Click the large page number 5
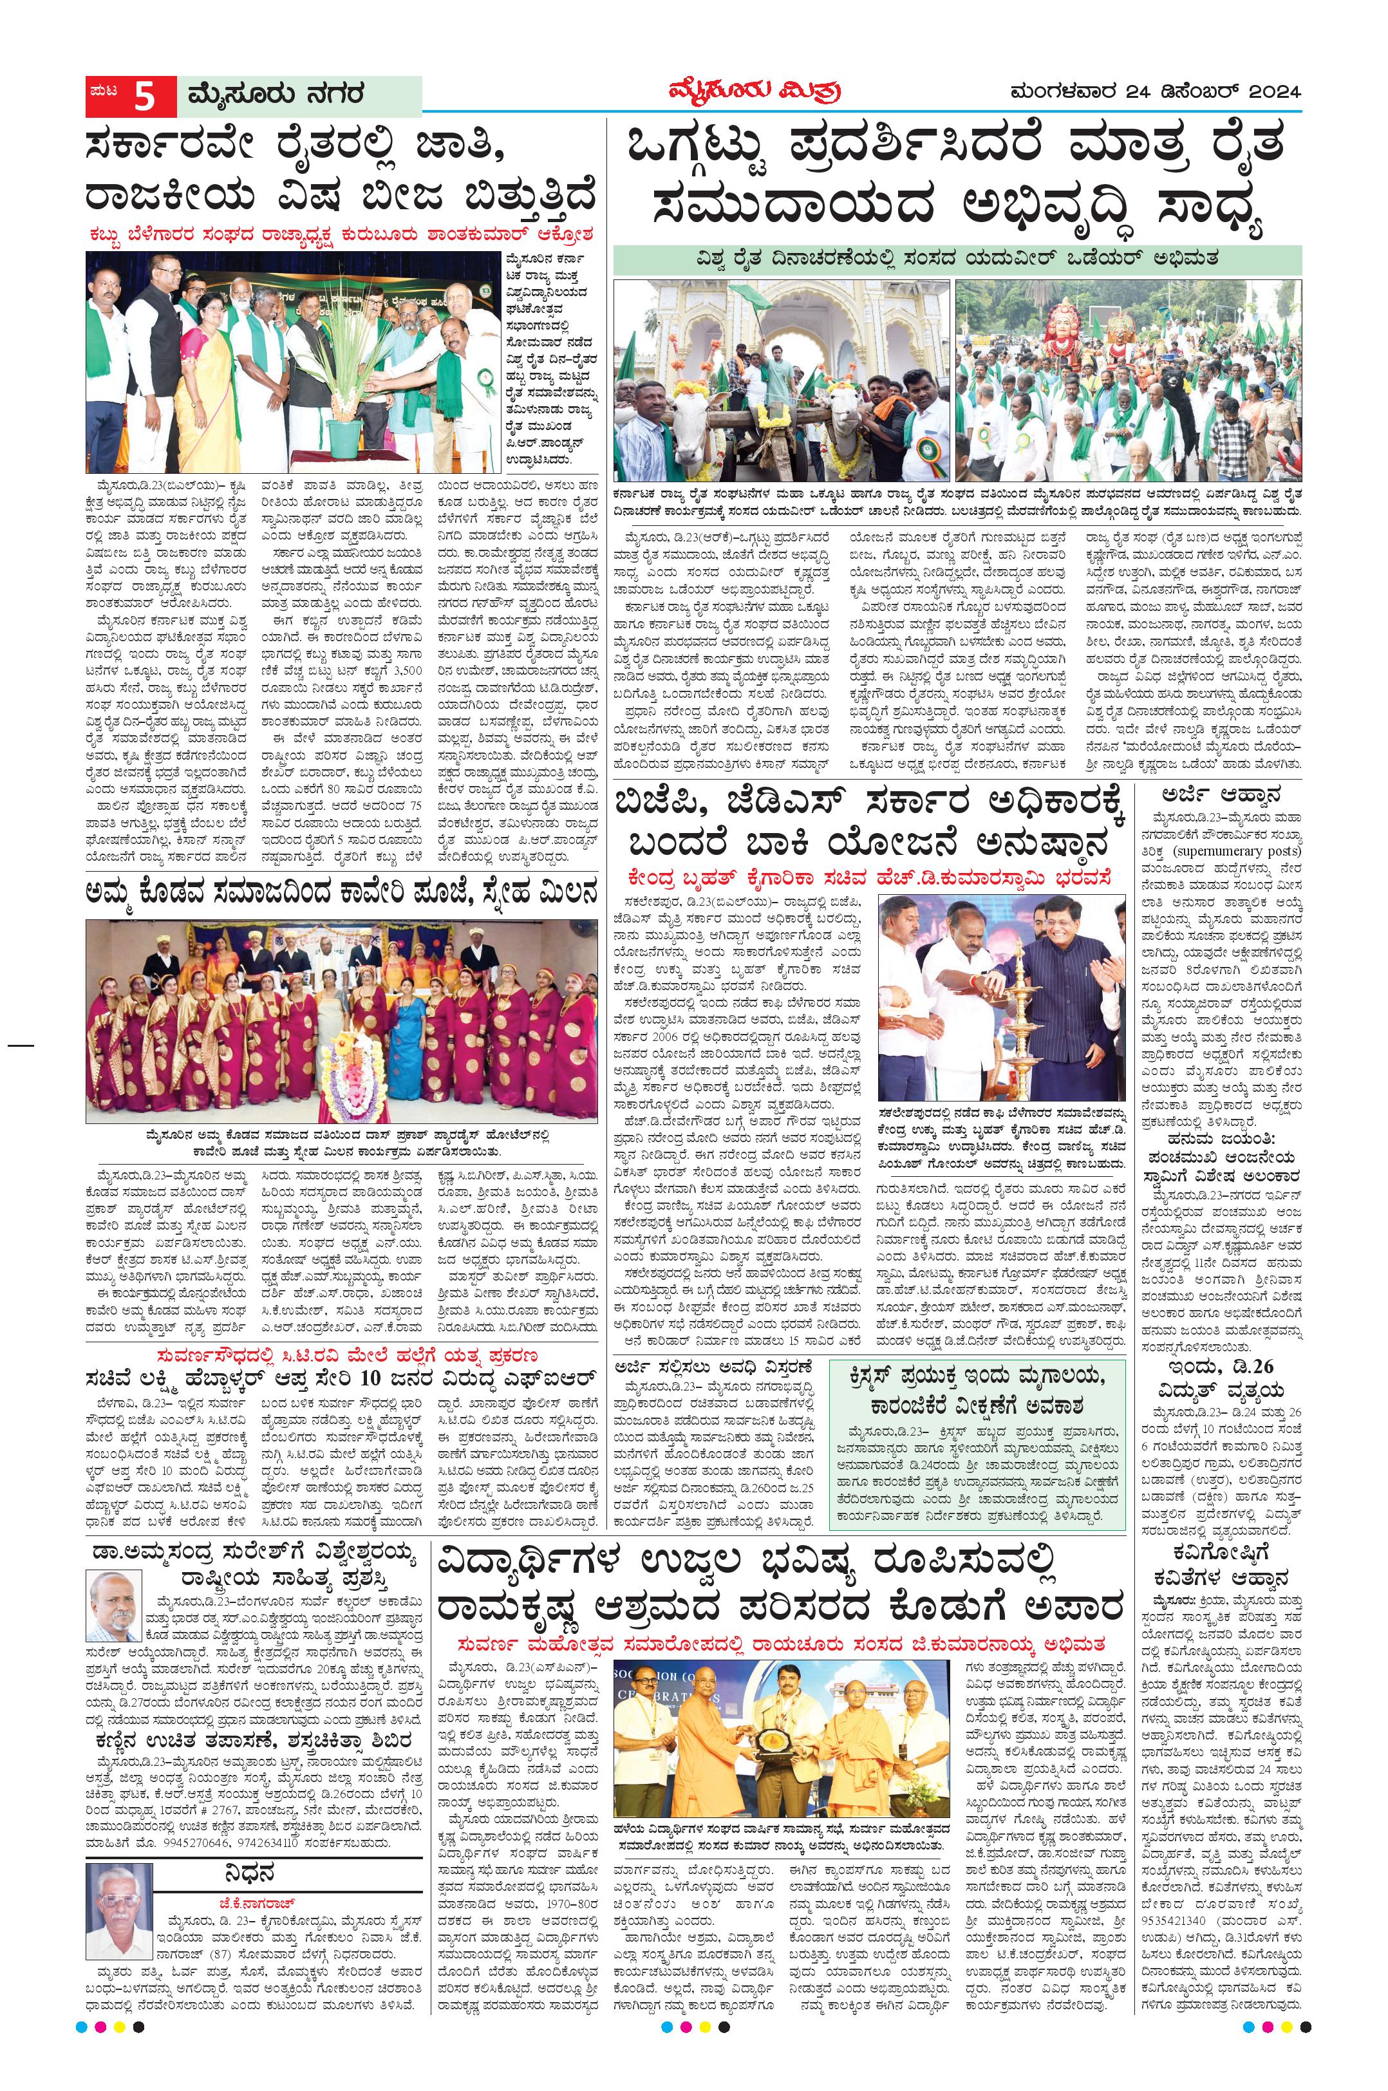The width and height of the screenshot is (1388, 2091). coord(144,97)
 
